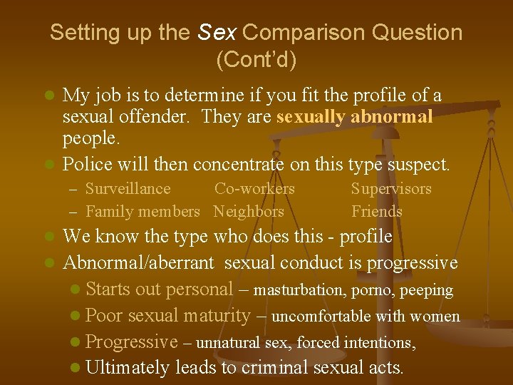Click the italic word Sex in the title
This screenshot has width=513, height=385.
pyautogui.click(x=218, y=33)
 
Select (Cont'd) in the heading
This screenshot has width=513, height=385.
pyautogui.click(x=256, y=60)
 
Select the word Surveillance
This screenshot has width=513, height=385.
pyautogui.click(x=128, y=189)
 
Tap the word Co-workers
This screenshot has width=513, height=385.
pyautogui.click(x=254, y=189)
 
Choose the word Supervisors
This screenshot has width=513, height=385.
pyautogui.click(x=391, y=189)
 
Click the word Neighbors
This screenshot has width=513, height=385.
pyautogui.click(x=249, y=212)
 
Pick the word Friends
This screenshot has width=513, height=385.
pyautogui.click(x=377, y=212)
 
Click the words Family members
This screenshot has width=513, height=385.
pyautogui.click(x=142, y=212)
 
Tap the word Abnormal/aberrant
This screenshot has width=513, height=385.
pyautogui.click(x=138, y=263)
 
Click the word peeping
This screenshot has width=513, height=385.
pyautogui.click(x=427, y=290)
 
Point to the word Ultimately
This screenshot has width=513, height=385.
pyautogui.click(x=127, y=368)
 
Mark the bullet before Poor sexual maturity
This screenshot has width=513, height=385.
pyautogui.click(x=76, y=317)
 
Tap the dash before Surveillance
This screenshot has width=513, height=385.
pyautogui.click(x=73, y=190)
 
